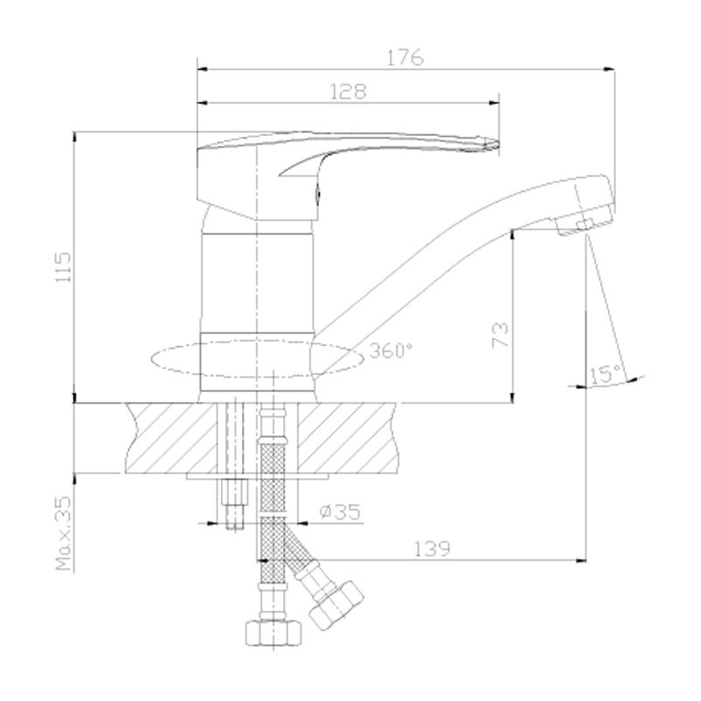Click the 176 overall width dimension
point(405,58)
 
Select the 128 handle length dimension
point(348,92)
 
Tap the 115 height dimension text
point(63,267)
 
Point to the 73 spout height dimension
point(499,335)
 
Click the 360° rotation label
point(390,350)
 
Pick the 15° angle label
point(605,375)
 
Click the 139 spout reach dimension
point(432,549)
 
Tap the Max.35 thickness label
point(63,533)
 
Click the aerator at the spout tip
point(584,222)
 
